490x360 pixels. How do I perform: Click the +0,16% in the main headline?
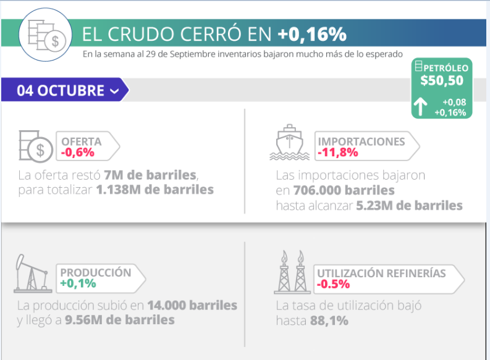pos(311,33)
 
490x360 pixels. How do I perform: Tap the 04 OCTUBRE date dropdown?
pos(68,90)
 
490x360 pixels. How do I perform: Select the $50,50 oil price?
pos(442,80)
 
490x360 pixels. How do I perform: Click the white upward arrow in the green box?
pos(420,107)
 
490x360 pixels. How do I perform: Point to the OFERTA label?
pos(81,141)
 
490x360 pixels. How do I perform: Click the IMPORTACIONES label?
pos(361,141)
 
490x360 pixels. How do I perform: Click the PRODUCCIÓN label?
pos(96,272)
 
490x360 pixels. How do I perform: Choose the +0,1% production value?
pos(78,284)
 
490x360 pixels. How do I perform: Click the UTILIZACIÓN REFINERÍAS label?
pos(381,273)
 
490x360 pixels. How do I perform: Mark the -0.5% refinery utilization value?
pos(333,285)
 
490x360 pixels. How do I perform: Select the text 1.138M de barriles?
pos(155,190)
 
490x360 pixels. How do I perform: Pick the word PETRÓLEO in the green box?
pos(446,68)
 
